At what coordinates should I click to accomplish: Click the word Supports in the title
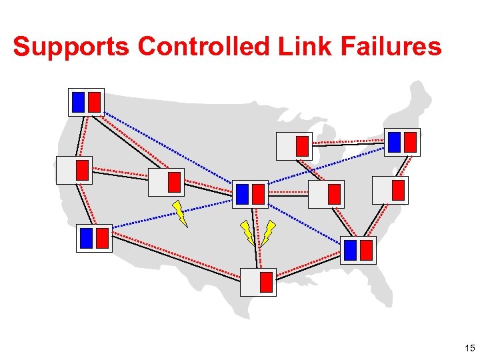(x=71, y=47)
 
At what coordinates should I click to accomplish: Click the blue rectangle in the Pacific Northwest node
(x=79, y=101)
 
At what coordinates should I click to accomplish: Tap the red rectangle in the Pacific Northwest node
(x=95, y=101)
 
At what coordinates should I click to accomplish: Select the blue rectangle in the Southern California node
(x=86, y=238)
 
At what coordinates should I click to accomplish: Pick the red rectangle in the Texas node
(x=266, y=282)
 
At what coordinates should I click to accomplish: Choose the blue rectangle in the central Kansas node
(x=242, y=194)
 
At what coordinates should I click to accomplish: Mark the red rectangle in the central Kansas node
(x=259, y=194)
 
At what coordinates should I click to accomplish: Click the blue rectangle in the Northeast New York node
(x=394, y=141)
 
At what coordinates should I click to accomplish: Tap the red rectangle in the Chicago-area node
(x=303, y=145)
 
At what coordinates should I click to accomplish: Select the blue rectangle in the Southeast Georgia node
(x=351, y=250)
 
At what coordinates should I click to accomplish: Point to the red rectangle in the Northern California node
(x=82, y=170)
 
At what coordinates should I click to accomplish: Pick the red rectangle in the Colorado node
(x=174, y=182)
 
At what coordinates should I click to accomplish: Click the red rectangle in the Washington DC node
(x=398, y=190)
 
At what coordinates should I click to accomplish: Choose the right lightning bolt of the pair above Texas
(x=268, y=232)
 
